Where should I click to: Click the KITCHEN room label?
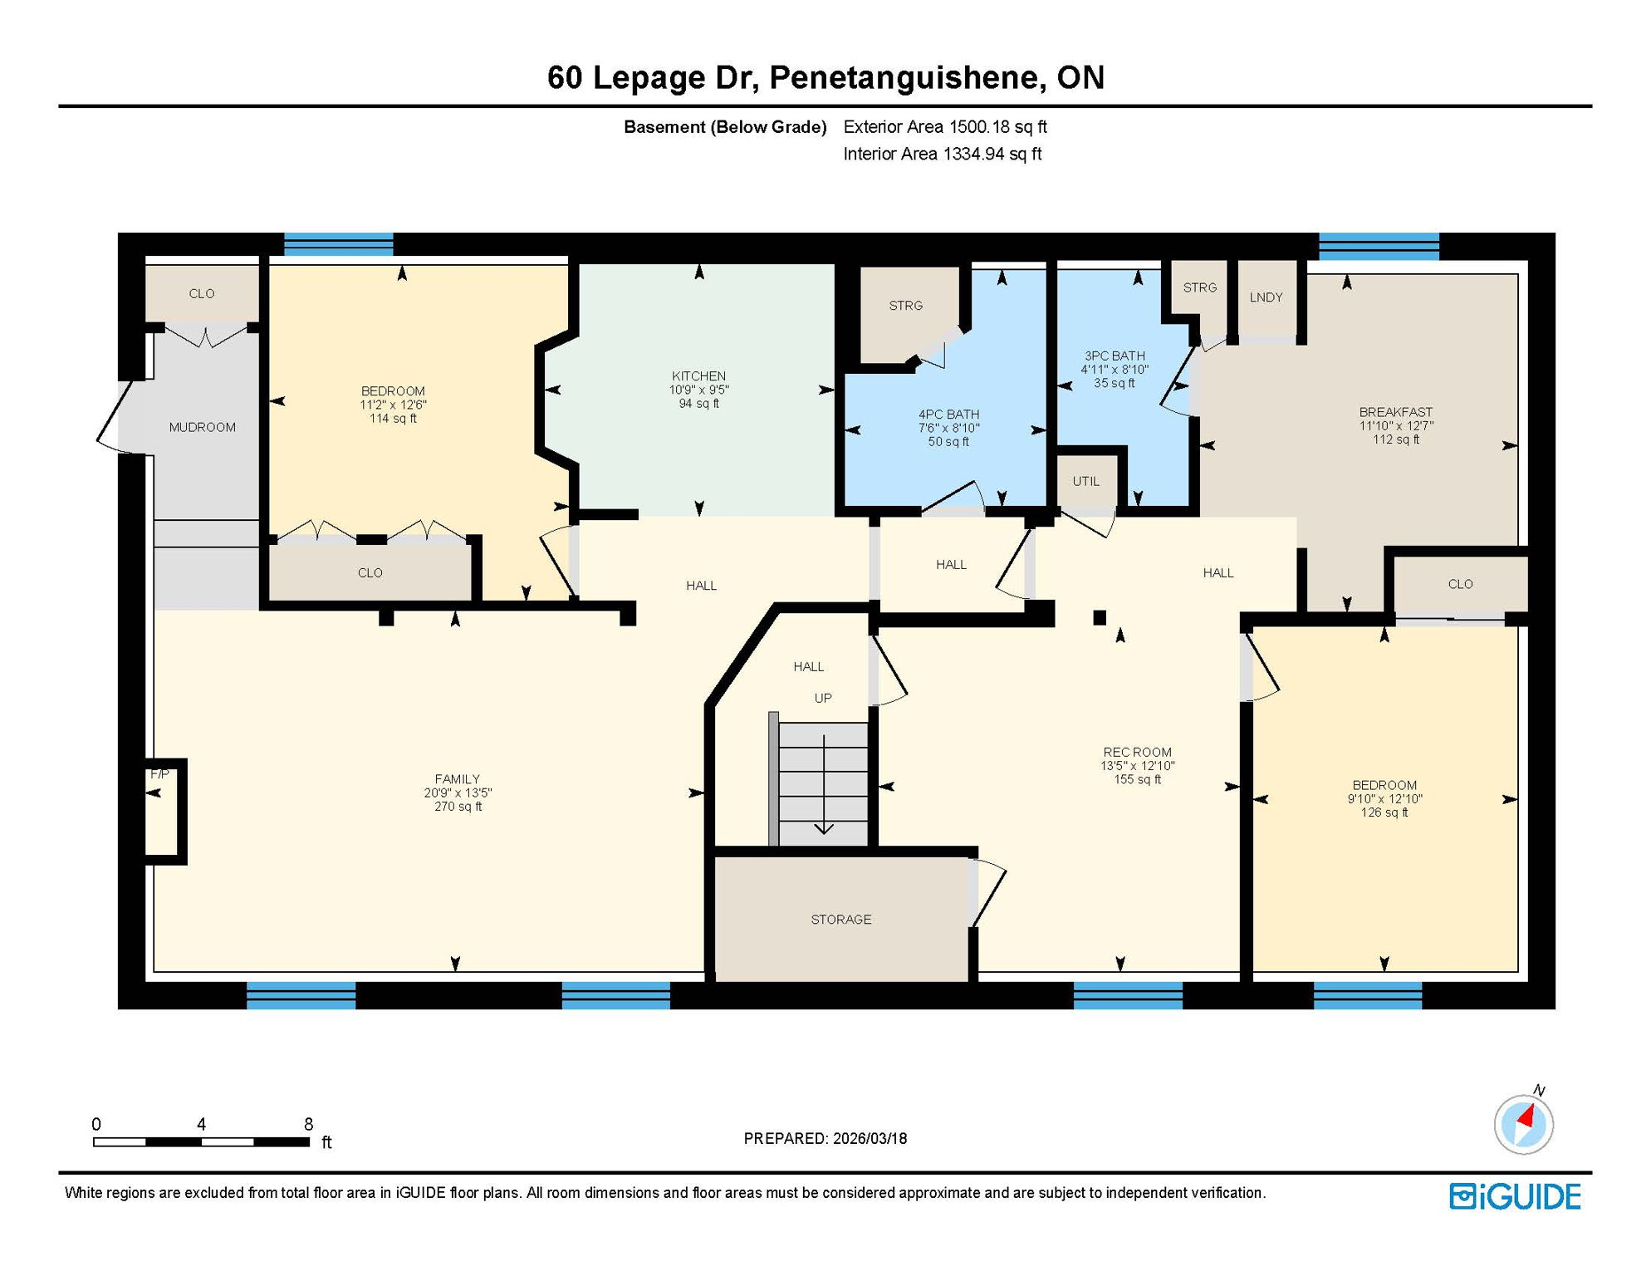[698, 376]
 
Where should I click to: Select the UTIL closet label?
[1085, 482]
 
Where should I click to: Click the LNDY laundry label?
[1266, 297]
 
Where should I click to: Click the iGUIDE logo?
[1515, 1196]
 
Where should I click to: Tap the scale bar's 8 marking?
[308, 1124]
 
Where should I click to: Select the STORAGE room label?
[840, 920]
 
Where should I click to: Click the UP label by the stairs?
[822, 698]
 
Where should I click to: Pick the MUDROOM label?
[202, 427]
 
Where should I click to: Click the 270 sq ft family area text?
[458, 807]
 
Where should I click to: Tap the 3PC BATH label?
[1115, 356]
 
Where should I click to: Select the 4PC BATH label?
[948, 415]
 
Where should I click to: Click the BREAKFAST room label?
[1395, 412]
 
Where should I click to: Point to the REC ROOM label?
[1137, 752]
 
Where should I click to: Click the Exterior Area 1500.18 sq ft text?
[944, 127]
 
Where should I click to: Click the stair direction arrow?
[823, 785]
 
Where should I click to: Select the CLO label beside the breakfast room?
[1460, 584]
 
